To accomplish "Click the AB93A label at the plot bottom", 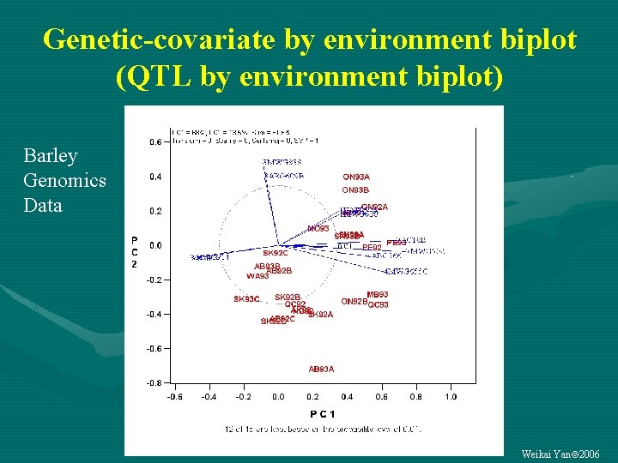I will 321,369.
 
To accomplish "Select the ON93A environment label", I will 355,177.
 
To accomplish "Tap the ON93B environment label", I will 355,190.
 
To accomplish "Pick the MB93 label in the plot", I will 378,295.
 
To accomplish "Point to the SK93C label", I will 246,299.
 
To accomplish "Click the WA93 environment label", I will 257,276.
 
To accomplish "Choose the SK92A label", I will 320,315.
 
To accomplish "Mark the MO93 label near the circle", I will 318,229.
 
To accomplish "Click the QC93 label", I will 379,304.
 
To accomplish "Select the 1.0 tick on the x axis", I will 451,397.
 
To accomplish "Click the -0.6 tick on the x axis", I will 173,397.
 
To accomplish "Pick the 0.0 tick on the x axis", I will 278,397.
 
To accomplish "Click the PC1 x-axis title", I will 322,413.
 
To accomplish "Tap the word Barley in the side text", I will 51,156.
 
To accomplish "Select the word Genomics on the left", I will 65,181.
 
